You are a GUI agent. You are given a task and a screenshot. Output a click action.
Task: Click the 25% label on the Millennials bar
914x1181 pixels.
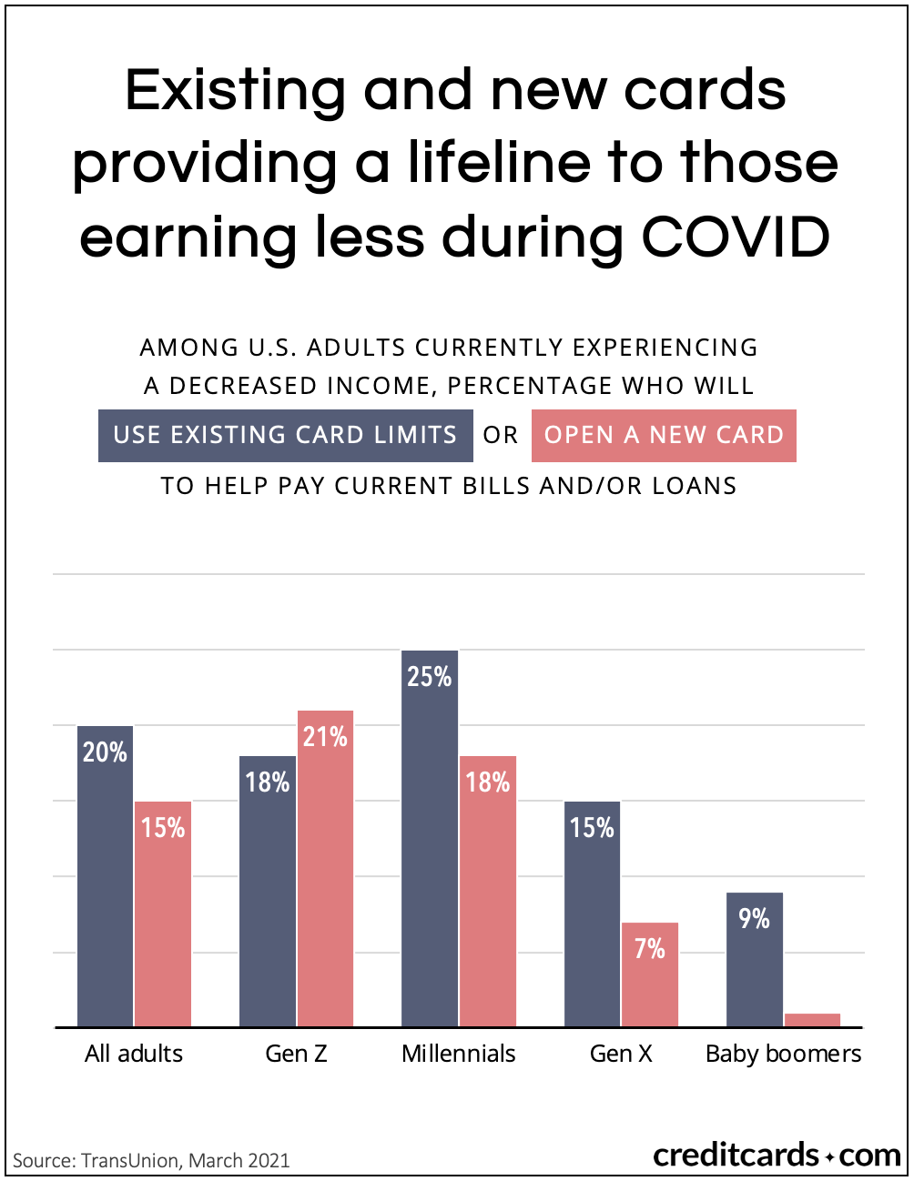click(x=430, y=677)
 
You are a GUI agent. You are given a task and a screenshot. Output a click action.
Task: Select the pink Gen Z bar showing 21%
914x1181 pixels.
click(x=325, y=869)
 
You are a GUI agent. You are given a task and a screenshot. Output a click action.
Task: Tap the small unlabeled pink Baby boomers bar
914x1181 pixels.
click(x=812, y=1020)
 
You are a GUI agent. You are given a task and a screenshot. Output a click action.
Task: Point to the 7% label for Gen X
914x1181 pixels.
click(x=650, y=950)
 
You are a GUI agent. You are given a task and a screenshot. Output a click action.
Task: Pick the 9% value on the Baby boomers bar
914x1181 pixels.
click(x=755, y=919)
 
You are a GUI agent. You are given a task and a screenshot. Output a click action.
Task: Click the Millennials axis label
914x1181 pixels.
click(x=459, y=1054)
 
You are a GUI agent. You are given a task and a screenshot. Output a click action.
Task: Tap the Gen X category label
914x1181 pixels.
click(x=621, y=1054)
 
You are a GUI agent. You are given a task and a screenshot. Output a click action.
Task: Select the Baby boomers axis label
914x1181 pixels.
click(x=783, y=1054)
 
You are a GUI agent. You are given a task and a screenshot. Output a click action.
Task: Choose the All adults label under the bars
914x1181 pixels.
click(x=134, y=1054)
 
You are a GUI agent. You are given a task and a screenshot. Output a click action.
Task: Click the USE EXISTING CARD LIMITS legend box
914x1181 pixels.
click(x=285, y=436)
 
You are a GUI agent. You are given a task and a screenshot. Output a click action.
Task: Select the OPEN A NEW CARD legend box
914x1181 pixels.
click(x=664, y=436)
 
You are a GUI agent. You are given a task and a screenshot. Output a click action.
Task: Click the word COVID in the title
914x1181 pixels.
click(x=736, y=237)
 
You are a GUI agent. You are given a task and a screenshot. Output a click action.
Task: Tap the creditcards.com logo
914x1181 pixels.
click(x=777, y=1156)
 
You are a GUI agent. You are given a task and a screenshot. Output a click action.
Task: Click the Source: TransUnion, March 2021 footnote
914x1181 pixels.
click(x=151, y=1161)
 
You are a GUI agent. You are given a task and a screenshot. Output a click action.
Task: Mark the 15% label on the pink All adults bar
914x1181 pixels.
click(x=163, y=828)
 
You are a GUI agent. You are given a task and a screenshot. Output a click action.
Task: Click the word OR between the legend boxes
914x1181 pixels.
click(x=501, y=436)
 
